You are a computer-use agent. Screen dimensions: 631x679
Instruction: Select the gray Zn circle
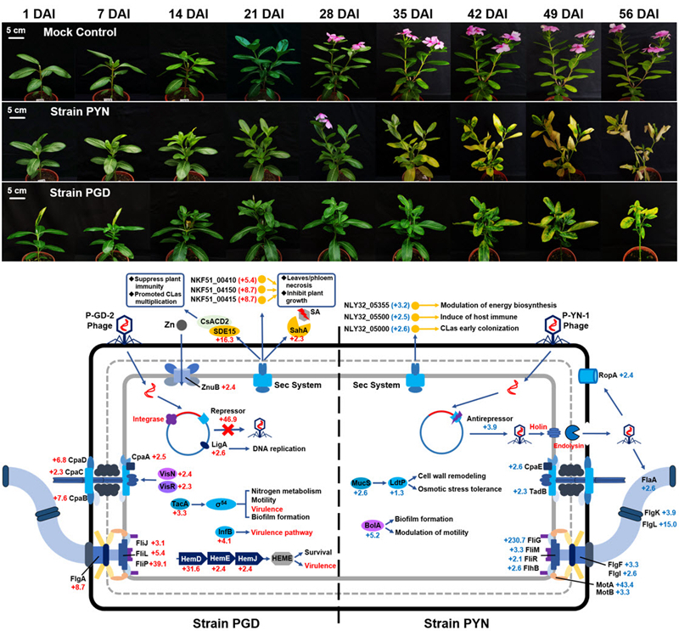click(x=170, y=325)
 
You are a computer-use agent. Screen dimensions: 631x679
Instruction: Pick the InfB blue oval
click(x=222, y=532)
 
